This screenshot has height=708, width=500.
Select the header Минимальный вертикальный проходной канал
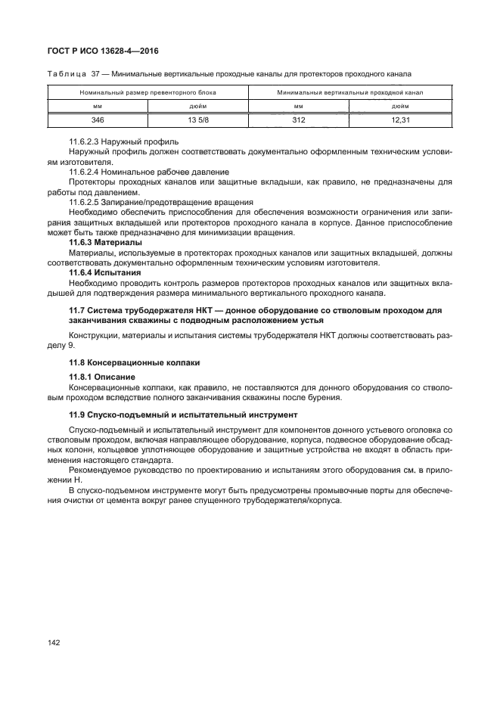(349, 93)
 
